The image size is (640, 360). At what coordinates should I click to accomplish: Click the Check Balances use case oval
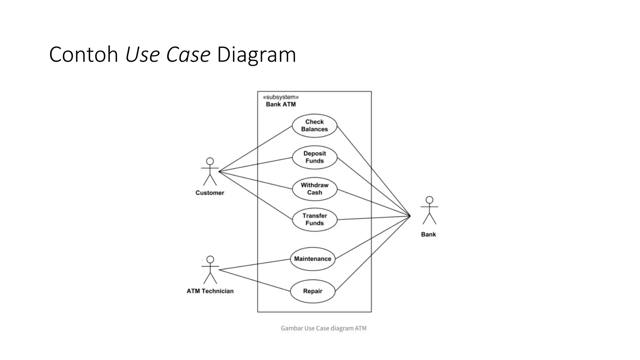point(314,126)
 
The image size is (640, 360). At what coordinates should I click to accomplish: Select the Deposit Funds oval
point(314,157)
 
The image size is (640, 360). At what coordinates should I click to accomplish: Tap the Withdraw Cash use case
point(314,189)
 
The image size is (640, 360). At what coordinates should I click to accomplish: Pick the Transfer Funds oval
point(314,219)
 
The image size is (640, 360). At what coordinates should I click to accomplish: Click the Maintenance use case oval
point(312,259)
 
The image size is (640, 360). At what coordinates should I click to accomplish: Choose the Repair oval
point(312,291)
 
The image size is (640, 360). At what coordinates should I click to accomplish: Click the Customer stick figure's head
point(210,161)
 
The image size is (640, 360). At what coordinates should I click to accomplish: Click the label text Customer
point(210,193)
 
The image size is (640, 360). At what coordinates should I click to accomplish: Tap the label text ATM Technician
point(210,291)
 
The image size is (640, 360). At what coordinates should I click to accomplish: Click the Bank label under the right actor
point(428,234)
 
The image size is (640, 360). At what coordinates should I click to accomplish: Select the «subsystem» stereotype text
point(281,97)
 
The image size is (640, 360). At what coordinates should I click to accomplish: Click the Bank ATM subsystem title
point(281,104)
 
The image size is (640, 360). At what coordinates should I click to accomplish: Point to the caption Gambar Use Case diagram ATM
point(323,328)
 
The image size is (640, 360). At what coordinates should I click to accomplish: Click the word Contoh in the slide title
point(83,55)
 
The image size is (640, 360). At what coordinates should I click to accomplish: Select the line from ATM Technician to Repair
point(255,280)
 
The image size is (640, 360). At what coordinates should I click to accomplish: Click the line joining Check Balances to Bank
point(373,171)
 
